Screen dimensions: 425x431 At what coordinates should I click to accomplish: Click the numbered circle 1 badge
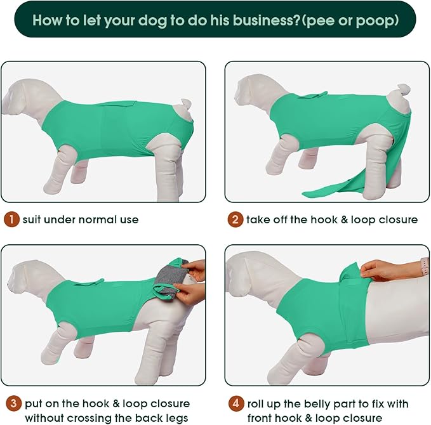(12, 219)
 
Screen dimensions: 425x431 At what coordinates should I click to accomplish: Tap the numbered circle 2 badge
(235, 219)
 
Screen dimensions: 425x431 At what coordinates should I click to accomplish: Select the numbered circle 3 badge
(12, 403)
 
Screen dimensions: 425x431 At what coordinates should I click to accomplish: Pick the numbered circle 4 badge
(235, 403)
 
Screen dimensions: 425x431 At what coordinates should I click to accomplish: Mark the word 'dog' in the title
(143, 20)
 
